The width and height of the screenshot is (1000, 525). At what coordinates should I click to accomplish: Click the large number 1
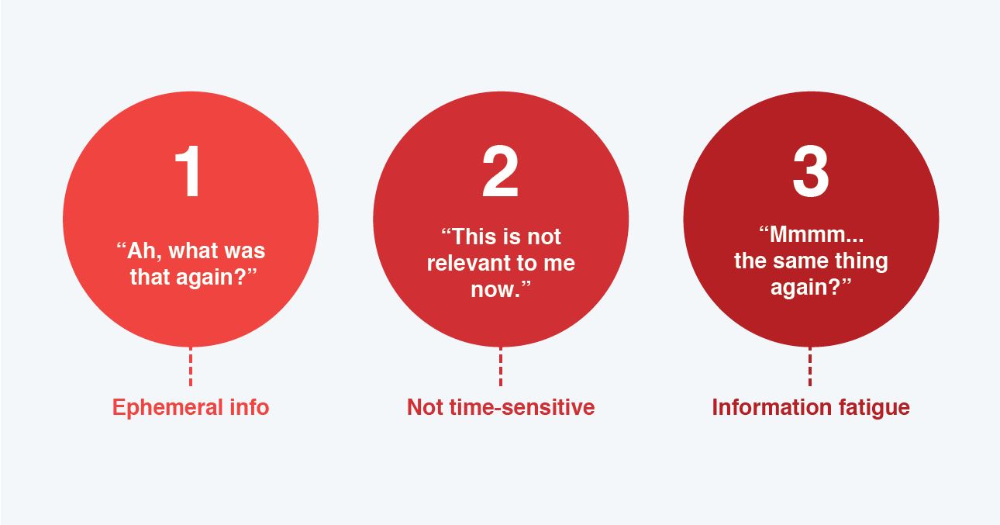[x=188, y=171]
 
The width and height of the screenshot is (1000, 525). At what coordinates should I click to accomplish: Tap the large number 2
[x=501, y=171]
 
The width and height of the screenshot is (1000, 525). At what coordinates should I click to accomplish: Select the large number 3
[x=811, y=171]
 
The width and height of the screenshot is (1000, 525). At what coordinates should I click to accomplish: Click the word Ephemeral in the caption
[x=167, y=408]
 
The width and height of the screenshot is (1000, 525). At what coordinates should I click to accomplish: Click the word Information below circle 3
[x=771, y=407]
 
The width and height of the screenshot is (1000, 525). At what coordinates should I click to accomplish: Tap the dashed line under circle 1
[x=191, y=367]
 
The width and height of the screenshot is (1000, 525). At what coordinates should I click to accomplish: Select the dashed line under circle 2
[x=501, y=367]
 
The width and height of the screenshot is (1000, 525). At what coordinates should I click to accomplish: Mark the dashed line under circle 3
[x=810, y=367]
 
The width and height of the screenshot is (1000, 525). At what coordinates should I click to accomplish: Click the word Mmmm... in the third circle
[x=816, y=235]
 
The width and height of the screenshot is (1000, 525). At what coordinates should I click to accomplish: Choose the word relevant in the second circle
[x=466, y=263]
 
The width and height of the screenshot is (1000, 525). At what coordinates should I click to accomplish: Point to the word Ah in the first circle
[x=141, y=251]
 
